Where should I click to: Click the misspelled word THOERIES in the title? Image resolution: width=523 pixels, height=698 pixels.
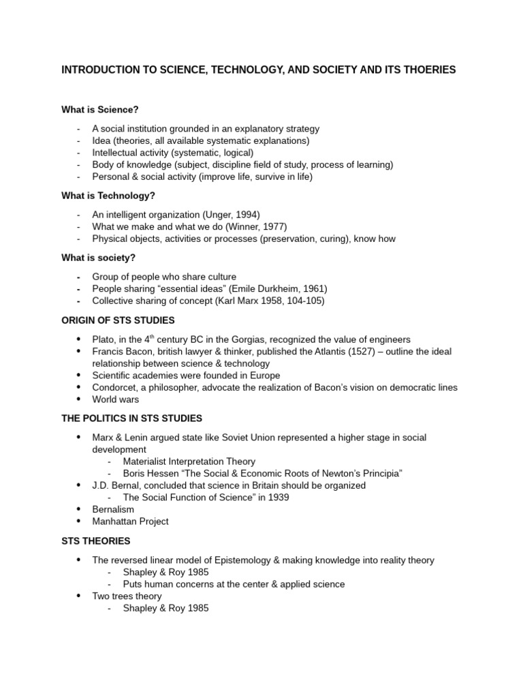coord(431,70)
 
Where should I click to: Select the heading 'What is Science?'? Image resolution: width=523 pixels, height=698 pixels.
coord(99,109)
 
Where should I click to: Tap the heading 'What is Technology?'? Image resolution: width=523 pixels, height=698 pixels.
coord(108,196)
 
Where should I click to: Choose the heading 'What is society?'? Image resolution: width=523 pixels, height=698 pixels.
coord(99,258)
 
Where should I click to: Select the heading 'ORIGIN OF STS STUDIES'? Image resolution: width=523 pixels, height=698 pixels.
coord(118,320)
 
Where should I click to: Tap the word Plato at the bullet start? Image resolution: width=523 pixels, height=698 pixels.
coord(104,339)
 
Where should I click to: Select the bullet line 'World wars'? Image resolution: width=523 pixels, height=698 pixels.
coord(115,400)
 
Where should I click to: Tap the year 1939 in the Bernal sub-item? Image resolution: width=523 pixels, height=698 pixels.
coord(277,498)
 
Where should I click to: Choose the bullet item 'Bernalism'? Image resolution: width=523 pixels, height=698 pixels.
coord(113,510)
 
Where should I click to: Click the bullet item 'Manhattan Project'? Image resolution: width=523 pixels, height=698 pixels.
coord(130,522)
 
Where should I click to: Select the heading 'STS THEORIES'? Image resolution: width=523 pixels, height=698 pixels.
coord(96,541)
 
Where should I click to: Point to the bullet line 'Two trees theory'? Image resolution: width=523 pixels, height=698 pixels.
coord(127,596)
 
